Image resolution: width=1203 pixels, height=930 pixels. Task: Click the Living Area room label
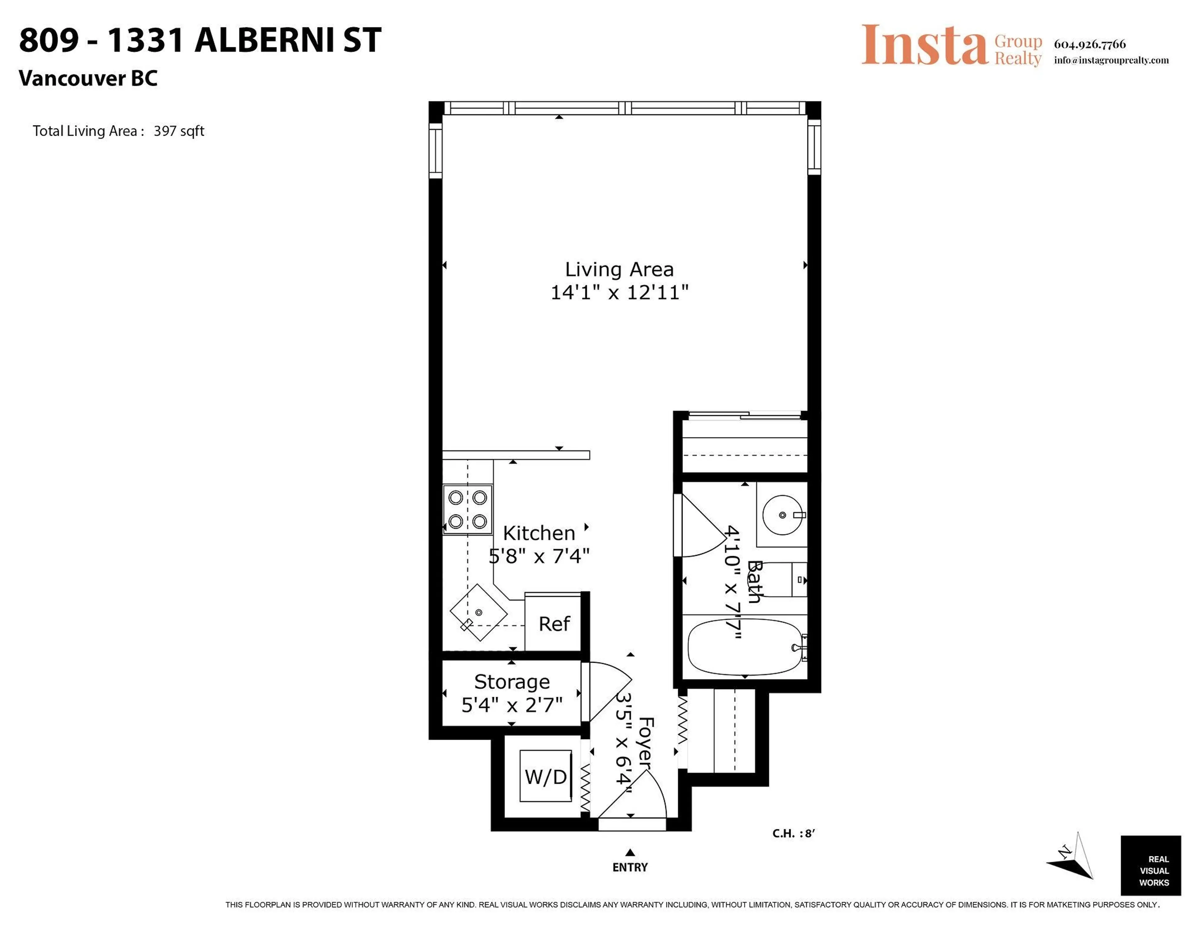pos(619,269)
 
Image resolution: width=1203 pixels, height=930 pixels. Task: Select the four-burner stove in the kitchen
pos(468,509)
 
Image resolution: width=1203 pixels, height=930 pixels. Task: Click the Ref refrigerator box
pos(554,624)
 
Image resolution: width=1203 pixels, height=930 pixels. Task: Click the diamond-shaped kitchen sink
pos(479,612)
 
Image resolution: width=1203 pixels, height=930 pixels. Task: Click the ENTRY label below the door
pos(630,868)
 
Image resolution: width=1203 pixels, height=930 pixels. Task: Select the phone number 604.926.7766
pos(1090,44)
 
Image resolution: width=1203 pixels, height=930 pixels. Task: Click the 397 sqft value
pos(179,131)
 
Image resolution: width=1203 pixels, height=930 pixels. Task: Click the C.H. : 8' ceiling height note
pos(793,833)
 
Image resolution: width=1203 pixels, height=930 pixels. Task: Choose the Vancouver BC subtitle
pos(88,78)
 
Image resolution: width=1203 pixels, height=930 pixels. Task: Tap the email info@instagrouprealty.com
pos(1111,60)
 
